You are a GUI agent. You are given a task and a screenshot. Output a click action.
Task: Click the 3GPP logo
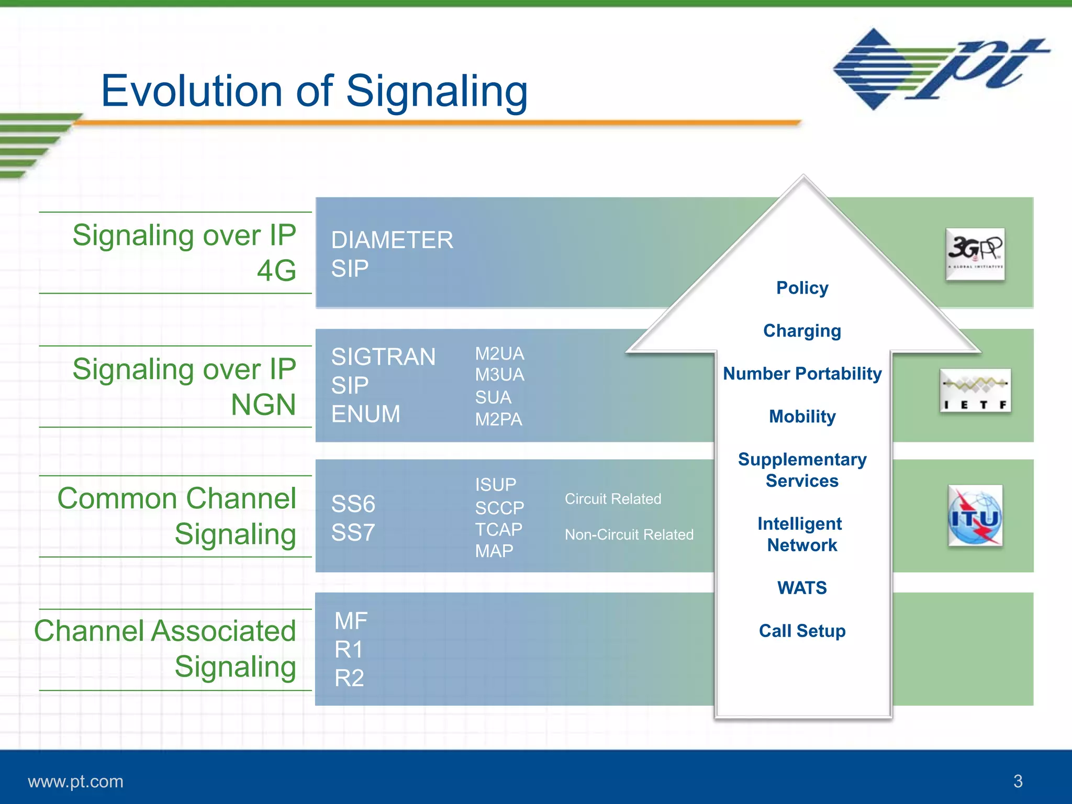[x=975, y=254]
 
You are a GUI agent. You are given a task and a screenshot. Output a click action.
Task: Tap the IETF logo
[x=975, y=390]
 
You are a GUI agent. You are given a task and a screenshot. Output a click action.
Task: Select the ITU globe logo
[x=975, y=516]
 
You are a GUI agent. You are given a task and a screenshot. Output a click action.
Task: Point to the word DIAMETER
[x=392, y=240]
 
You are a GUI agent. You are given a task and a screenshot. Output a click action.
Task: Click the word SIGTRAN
[x=383, y=357]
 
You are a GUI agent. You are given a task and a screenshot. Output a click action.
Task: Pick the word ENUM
[x=365, y=414]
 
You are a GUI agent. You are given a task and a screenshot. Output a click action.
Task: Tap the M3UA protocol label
[x=499, y=375]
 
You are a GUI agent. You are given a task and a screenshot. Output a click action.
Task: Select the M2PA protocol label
[x=498, y=419]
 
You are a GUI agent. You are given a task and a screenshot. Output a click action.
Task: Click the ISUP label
[x=495, y=485]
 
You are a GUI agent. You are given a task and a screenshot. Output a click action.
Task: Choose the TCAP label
[x=498, y=529]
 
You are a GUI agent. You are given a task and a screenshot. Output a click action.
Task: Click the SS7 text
[x=353, y=533]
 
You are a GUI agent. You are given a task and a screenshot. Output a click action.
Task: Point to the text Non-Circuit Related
[x=629, y=534]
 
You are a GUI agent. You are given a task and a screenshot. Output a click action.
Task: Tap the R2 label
[x=349, y=678]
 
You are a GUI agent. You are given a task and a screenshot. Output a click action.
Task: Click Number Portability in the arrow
[x=802, y=374]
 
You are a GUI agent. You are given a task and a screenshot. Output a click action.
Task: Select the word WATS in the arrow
[x=802, y=588]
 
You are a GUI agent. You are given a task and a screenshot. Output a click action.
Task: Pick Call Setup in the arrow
[x=802, y=631]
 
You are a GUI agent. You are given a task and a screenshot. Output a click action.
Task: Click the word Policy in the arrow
[x=802, y=288]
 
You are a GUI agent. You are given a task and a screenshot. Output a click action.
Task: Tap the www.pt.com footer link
[x=75, y=781]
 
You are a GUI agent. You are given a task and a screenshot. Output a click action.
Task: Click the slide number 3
[x=1018, y=781]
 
